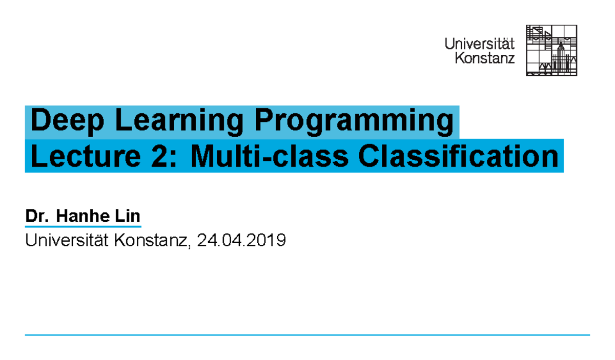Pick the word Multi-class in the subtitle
(x=270, y=156)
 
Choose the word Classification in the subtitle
(x=459, y=156)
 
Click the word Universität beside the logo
(x=480, y=44)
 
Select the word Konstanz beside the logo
(x=485, y=58)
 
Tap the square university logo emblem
(x=551, y=50)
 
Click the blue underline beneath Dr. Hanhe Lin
(x=83, y=226)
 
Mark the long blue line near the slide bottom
(x=307, y=335)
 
